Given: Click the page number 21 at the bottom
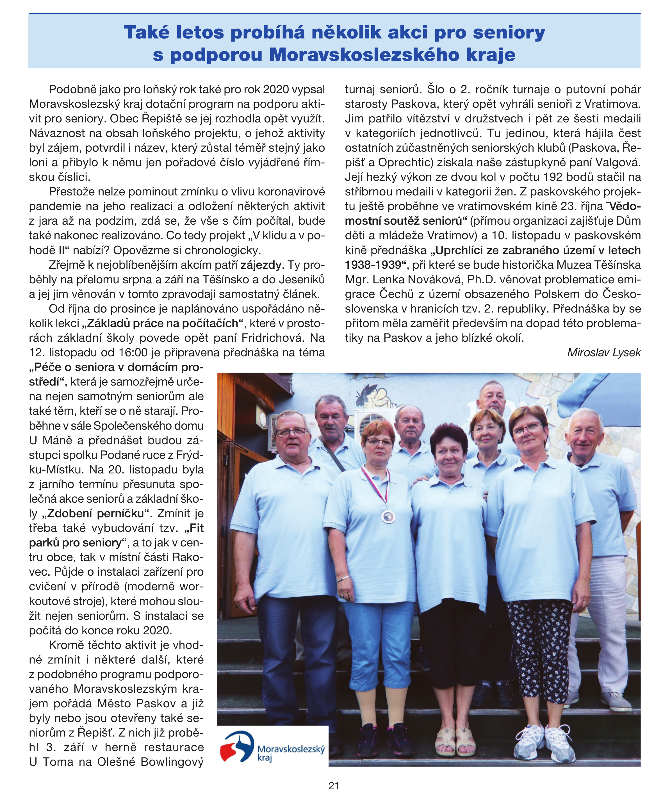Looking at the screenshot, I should (x=334, y=785).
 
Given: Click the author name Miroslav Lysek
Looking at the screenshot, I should (x=603, y=352).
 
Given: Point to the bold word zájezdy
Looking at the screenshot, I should (x=261, y=265).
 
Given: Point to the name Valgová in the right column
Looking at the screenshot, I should (x=617, y=163).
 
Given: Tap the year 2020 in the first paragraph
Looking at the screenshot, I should (x=277, y=90).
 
